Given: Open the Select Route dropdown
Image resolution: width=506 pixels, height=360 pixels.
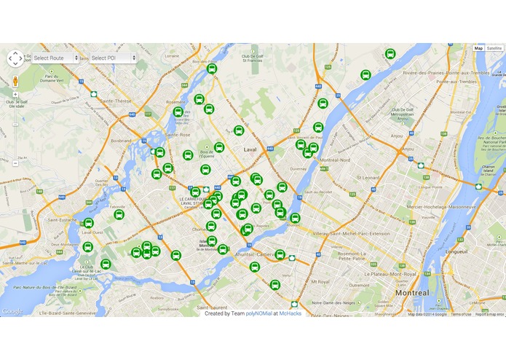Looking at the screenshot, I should click(55, 58).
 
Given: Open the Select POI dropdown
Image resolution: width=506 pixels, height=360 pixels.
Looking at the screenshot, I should click(113, 58).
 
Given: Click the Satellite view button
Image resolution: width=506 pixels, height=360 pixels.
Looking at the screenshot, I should click(494, 48).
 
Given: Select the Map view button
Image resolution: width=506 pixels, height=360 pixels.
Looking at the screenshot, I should click(478, 48).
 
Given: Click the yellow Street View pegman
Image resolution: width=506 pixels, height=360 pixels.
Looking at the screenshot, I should click(15, 82).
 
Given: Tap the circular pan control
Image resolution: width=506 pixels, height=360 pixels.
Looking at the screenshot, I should click(15, 58).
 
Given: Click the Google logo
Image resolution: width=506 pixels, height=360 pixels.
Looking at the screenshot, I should click(12, 311).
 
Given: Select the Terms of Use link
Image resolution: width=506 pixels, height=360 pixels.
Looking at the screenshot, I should click(461, 314).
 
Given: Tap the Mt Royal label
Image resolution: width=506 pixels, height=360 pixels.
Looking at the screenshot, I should click(320, 281).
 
